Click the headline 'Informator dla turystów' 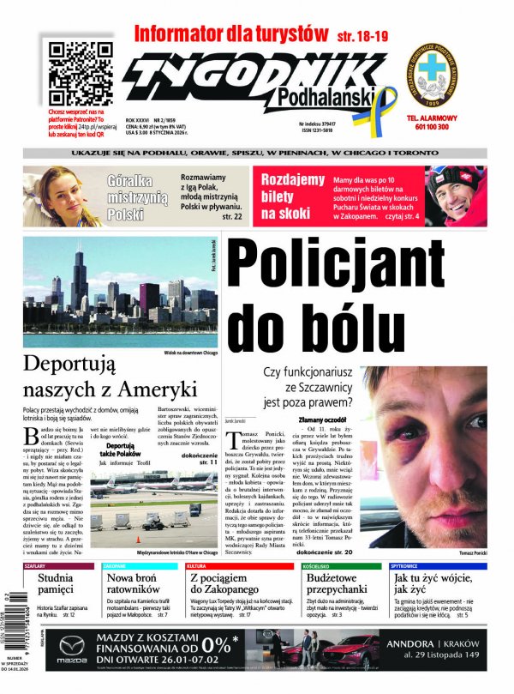(231, 34)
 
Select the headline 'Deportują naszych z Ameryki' (105, 375)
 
